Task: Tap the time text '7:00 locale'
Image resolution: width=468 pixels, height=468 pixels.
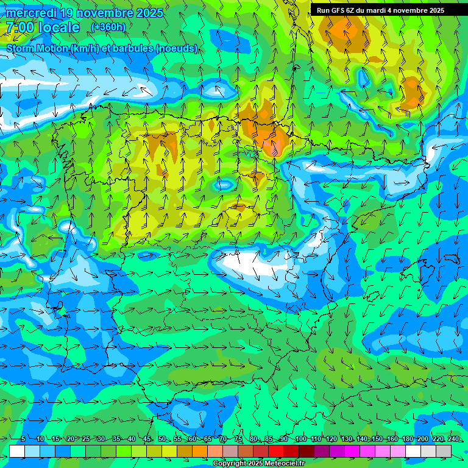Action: coord(43,27)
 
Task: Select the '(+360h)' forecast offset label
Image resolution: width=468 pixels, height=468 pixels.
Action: coord(108,27)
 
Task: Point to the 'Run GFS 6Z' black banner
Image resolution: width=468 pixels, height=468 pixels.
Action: coord(388,10)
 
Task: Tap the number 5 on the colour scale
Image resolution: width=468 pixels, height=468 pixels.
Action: coord(23,439)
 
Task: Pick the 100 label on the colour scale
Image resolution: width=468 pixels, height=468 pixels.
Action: coord(300,439)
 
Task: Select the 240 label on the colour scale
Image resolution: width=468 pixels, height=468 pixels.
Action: coord(453,439)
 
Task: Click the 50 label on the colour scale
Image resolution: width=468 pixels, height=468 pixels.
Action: coord(162,439)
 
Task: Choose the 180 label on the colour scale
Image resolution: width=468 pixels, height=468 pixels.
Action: coord(407,439)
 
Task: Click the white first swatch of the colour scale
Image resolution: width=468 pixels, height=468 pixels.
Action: coord(17,451)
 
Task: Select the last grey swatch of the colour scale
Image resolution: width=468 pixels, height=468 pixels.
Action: coord(444,451)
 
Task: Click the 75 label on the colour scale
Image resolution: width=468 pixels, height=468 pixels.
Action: coord(238,439)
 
